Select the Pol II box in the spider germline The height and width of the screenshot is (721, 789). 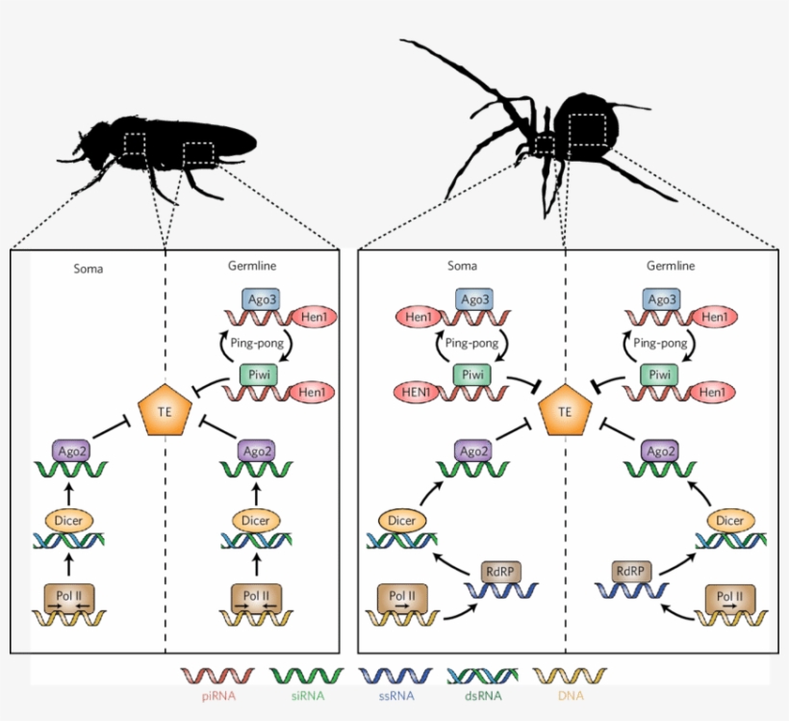[727, 597]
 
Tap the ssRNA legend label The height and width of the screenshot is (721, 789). [394, 693]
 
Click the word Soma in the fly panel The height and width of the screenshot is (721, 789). [88, 269]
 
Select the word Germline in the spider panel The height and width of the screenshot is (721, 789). [671, 266]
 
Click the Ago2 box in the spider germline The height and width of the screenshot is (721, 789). [660, 450]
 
